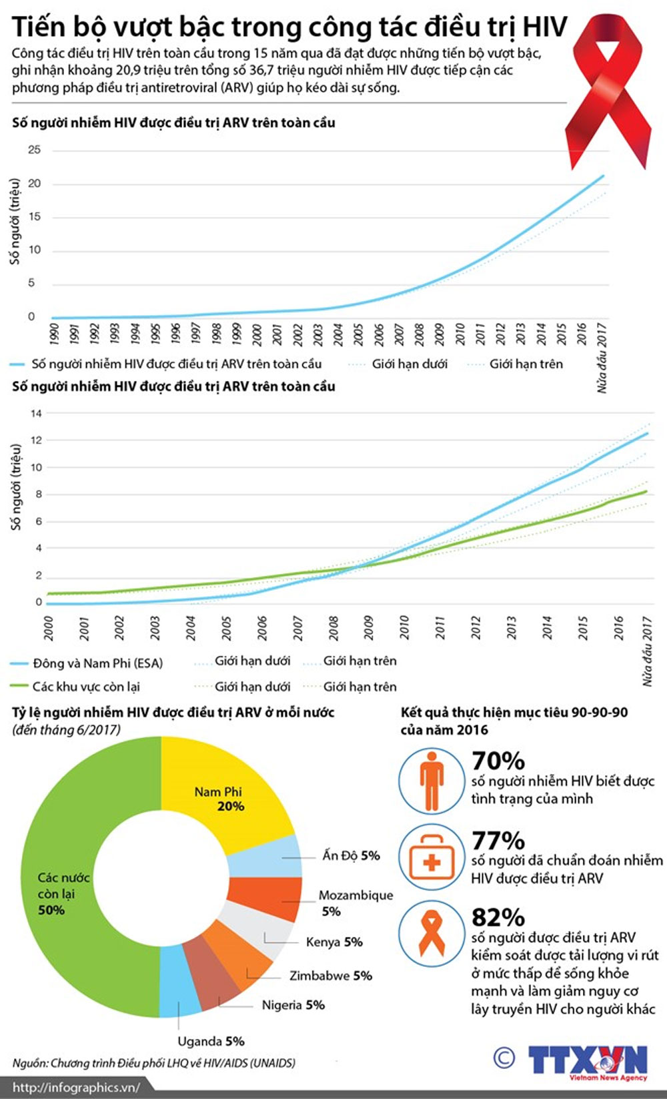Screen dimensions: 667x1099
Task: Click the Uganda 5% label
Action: [211, 1041]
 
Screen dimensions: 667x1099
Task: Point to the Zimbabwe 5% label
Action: [331, 976]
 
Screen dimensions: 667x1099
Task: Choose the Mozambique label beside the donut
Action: [356, 896]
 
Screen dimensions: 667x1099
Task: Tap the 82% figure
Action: [498, 917]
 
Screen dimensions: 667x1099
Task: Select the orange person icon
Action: [432, 781]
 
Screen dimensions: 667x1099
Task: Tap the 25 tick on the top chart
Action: [34, 149]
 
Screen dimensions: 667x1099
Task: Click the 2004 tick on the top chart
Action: [338, 334]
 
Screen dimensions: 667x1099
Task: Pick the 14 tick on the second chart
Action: [36, 413]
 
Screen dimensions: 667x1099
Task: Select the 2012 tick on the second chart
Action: [476, 627]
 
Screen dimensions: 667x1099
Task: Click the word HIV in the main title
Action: [544, 27]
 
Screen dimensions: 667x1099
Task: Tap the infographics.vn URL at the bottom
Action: [76, 1087]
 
